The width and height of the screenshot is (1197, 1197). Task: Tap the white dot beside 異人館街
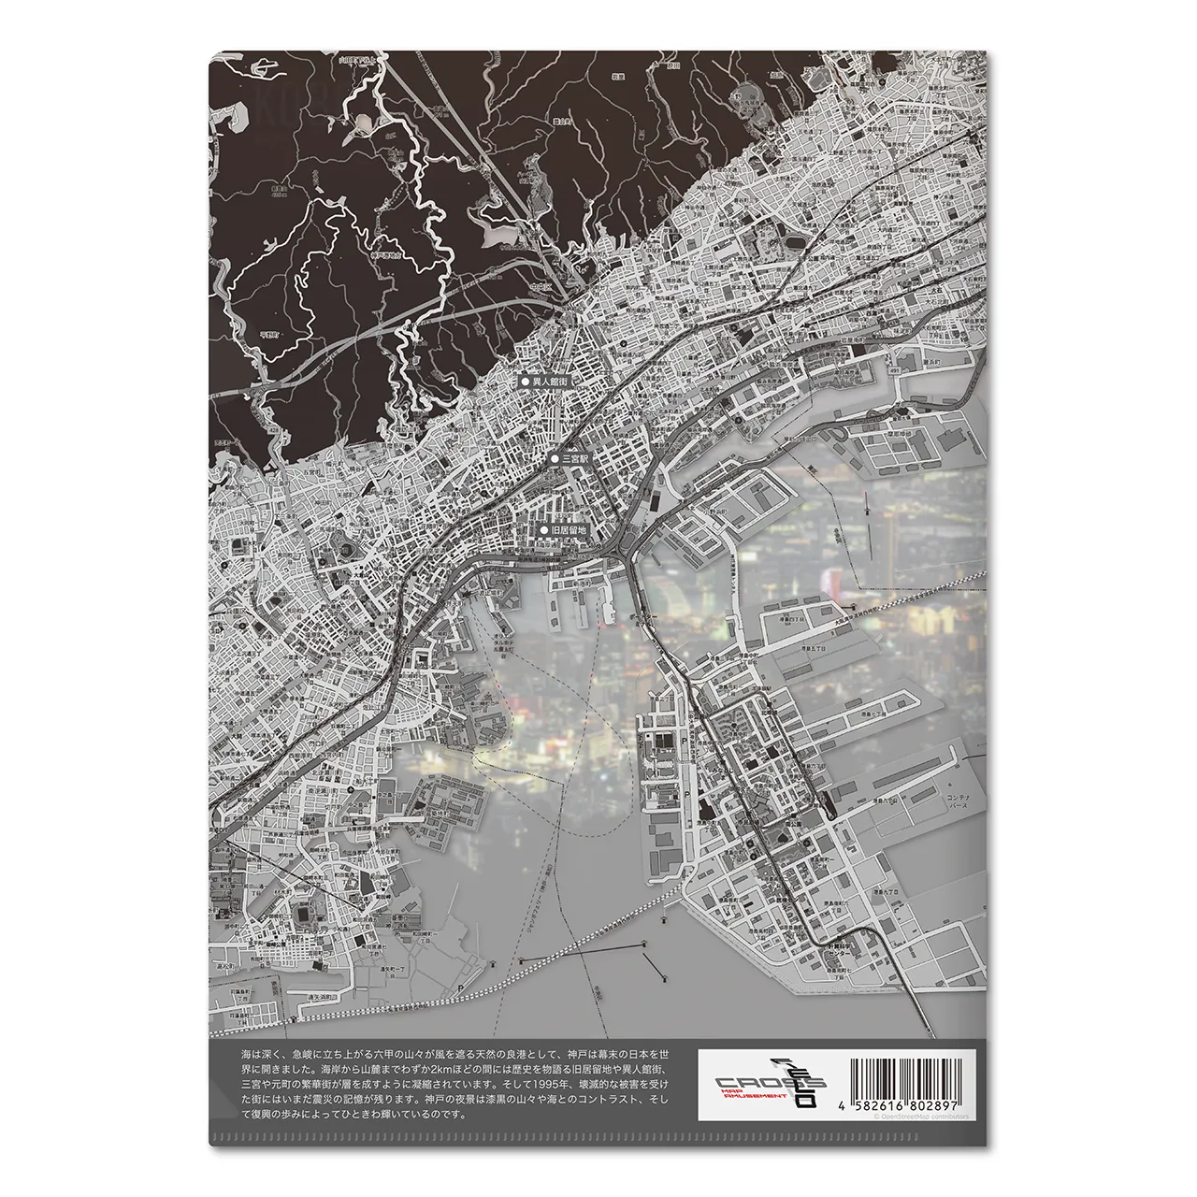(525, 382)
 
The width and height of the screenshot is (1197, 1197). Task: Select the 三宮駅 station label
(572, 460)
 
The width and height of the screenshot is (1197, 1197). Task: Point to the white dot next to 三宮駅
(554, 460)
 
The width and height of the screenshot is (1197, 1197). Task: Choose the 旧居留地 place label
(567, 530)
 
